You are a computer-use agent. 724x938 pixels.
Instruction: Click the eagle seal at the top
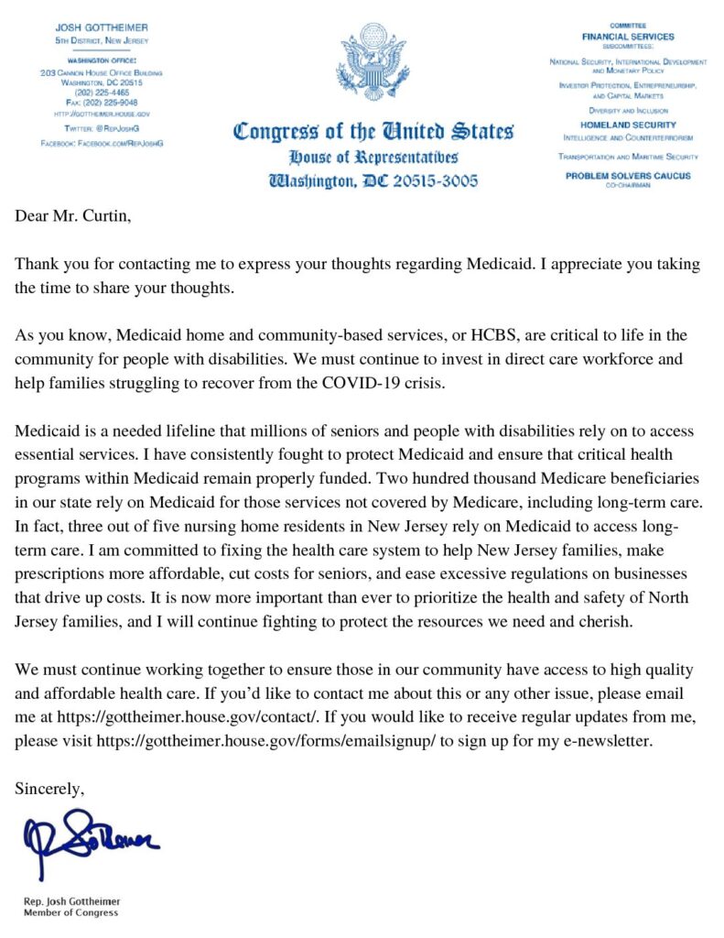coord(373,62)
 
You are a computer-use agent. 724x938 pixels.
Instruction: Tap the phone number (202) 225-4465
coord(102,92)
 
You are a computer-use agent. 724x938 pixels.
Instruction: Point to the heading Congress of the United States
coord(373,131)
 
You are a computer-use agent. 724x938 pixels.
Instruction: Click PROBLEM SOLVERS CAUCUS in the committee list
coord(627,175)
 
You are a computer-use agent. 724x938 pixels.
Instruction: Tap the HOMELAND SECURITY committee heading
coord(628,125)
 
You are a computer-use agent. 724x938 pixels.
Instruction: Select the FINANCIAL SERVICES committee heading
coord(628,37)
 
